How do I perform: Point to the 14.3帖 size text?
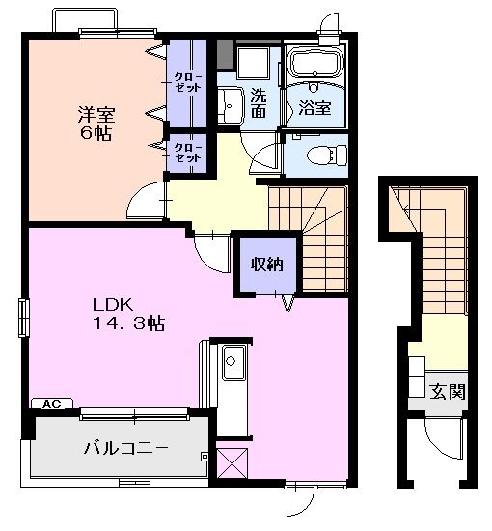(x=128, y=323)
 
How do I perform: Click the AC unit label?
(x=52, y=404)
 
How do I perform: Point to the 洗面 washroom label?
(x=259, y=103)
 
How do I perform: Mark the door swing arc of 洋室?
(x=145, y=203)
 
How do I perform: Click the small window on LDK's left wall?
(x=23, y=318)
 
